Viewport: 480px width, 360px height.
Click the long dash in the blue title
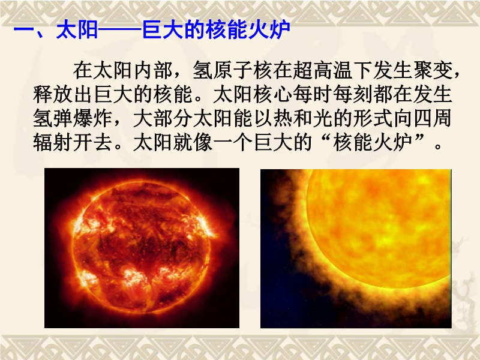point(120,31)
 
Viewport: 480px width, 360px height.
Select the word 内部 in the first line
point(153,70)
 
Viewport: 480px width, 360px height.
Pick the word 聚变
point(432,70)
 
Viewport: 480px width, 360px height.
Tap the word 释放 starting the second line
point(53,94)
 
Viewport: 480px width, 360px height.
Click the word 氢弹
point(53,118)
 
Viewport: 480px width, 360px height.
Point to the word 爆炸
point(92,118)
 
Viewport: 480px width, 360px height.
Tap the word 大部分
point(163,118)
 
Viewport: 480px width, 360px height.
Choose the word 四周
point(432,118)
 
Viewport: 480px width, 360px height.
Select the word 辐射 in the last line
point(53,142)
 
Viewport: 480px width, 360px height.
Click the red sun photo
point(142,248)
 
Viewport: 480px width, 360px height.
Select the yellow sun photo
point(356,248)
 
